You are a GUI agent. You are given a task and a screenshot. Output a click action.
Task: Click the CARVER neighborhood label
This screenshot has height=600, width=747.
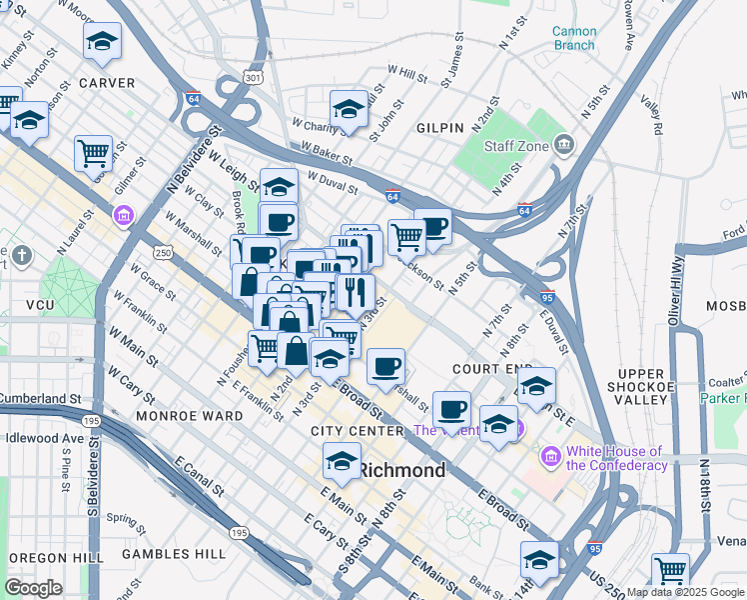click(x=106, y=83)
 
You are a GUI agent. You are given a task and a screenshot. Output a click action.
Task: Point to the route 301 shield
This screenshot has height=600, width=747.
click(x=253, y=77)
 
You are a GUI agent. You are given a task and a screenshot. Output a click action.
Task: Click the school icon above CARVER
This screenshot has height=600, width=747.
click(x=101, y=42)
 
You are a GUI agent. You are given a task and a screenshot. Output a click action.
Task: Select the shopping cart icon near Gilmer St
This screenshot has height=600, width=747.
click(x=93, y=154)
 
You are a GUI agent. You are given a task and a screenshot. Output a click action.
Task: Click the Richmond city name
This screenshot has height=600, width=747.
click(x=401, y=469)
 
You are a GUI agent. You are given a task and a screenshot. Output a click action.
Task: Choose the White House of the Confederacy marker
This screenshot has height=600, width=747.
click(x=548, y=458)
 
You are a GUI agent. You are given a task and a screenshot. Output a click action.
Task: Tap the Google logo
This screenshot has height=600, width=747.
click(x=33, y=588)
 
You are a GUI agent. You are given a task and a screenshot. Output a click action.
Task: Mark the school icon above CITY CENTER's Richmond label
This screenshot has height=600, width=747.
click(x=341, y=462)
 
